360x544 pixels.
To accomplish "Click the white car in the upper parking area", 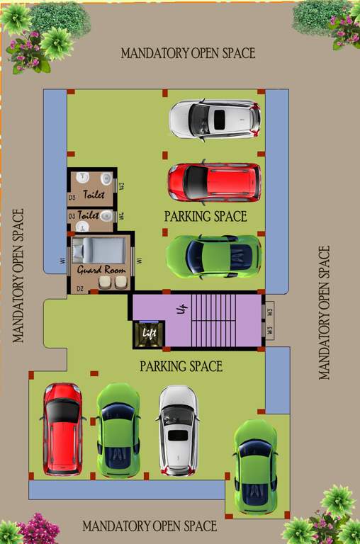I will pyautogui.click(x=214, y=119).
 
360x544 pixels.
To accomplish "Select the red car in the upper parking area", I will pyautogui.click(x=214, y=182).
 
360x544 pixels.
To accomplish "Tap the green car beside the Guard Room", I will pyautogui.click(x=213, y=256).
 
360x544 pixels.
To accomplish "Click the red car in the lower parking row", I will pyautogui.click(x=63, y=429).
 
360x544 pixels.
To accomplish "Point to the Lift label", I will pyautogui.click(x=149, y=333).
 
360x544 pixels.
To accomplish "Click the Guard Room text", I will pyautogui.click(x=101, y=271).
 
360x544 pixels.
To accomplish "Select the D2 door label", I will pyautogui.click(x=79, y=288).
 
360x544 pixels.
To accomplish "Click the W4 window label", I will pyautogui.click(x=121, y=215).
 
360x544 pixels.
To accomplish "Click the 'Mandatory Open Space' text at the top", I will pyautogui.click(x=188, y=53).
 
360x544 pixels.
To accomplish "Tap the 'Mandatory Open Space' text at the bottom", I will pyautogui.click(x=150, y=526).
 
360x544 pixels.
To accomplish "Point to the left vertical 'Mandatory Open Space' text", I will pyautogui.click(x=18, y=275).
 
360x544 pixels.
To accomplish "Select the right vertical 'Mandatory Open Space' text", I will pyautogui.click(x=325, y=312).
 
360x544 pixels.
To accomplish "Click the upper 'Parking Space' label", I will pyautogui.click(x=206, y=216).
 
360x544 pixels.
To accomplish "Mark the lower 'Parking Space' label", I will pyautogui.click(x=181, y=366).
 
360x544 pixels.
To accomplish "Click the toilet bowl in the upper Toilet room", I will pyautogui.click(x=106, y=178).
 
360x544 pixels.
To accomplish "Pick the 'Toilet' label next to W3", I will pyautogui.click(x=94, y=194).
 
